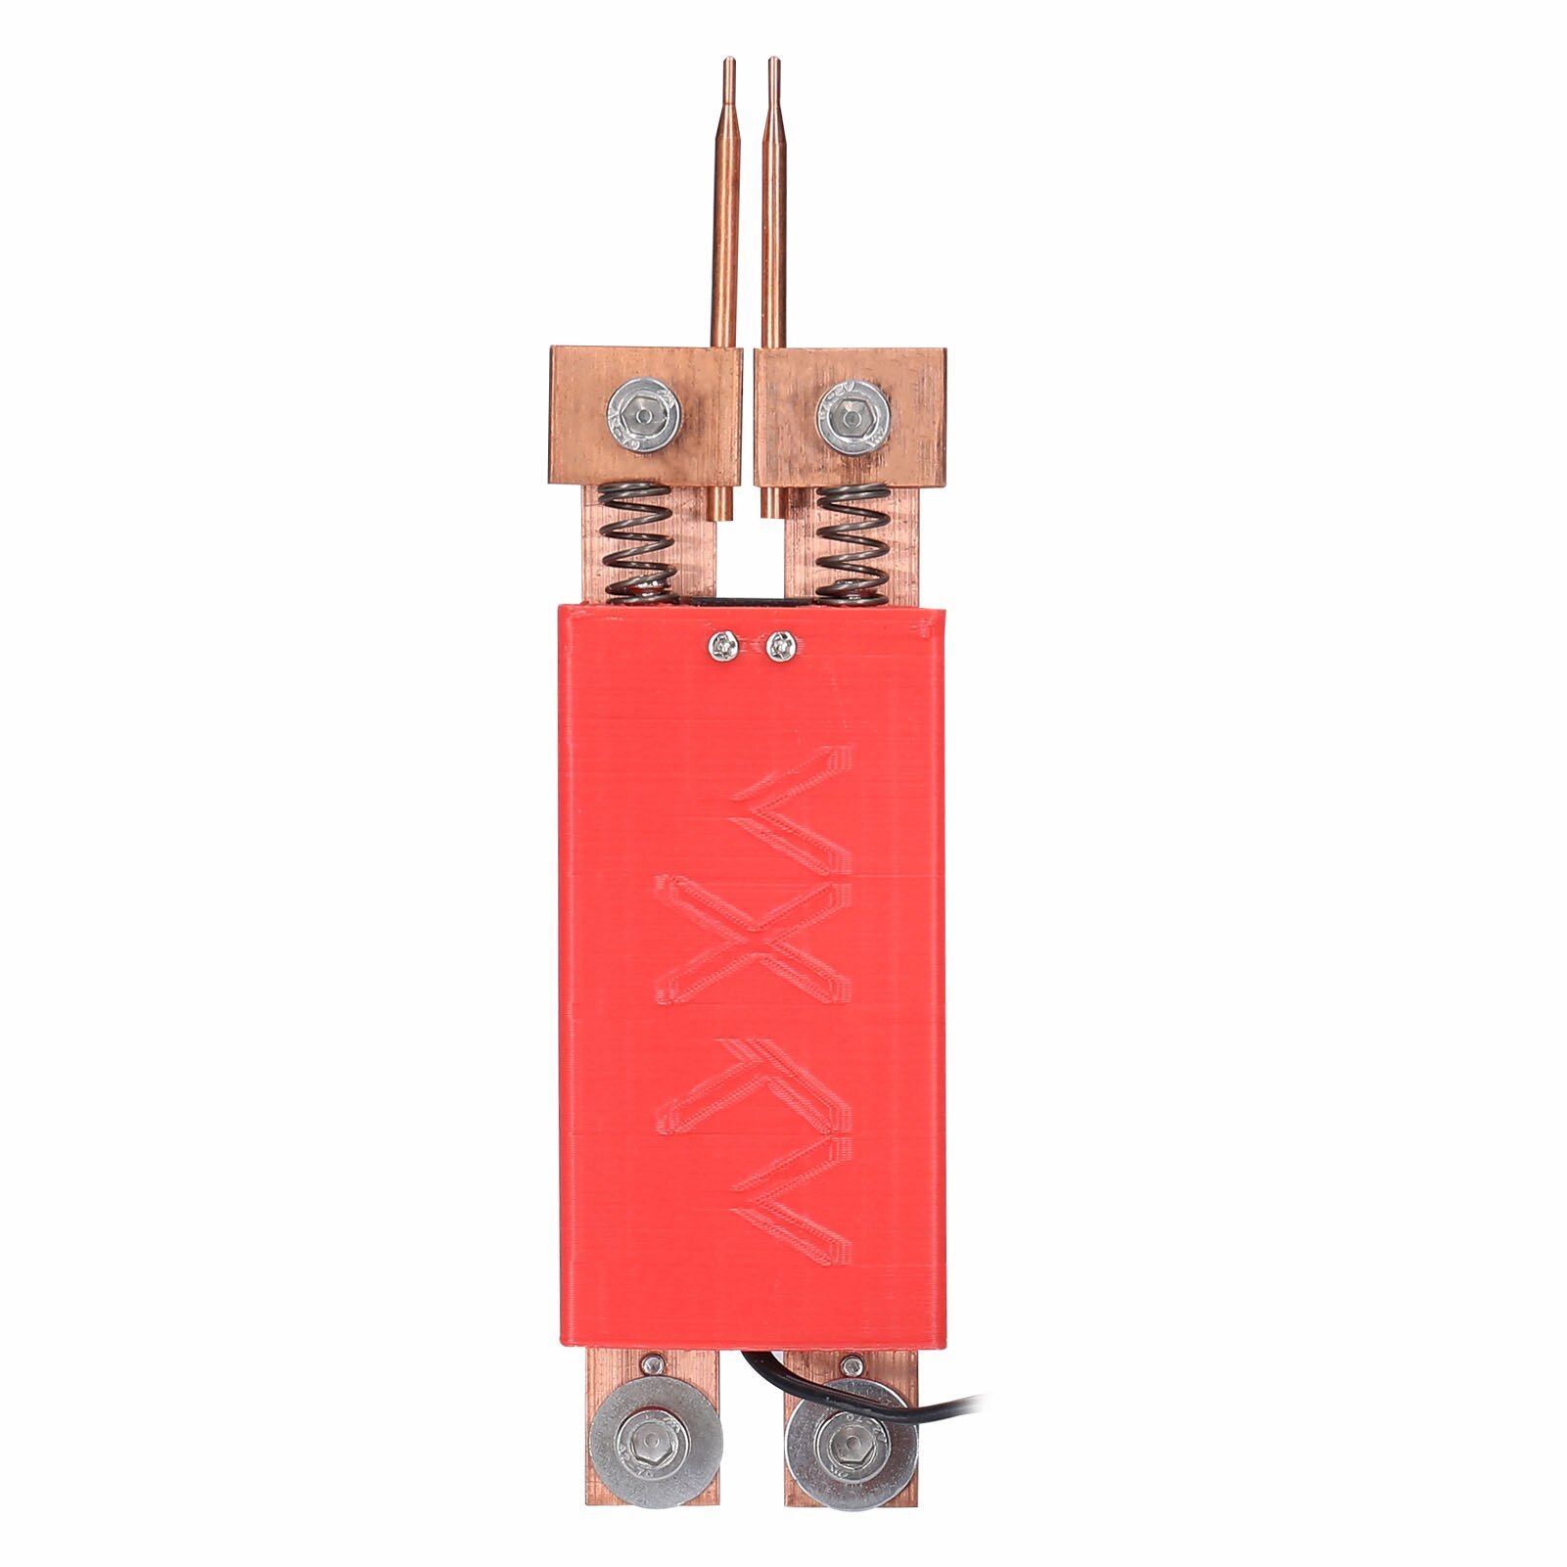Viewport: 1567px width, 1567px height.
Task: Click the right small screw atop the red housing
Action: coord(779,645)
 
